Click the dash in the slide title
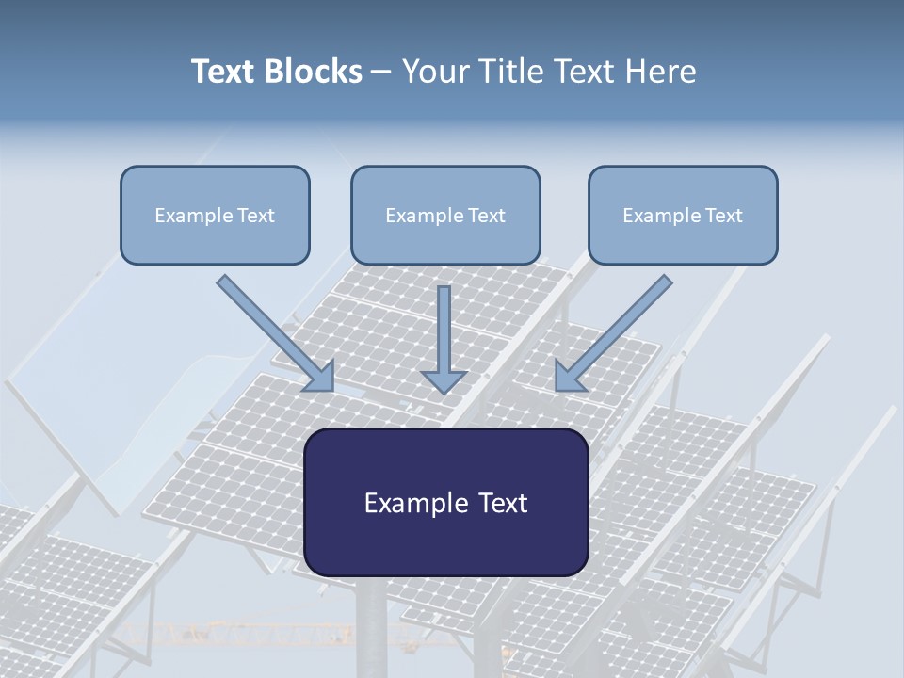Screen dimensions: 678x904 pos(381,73)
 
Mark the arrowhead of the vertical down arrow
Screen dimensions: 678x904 pos(444,381)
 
